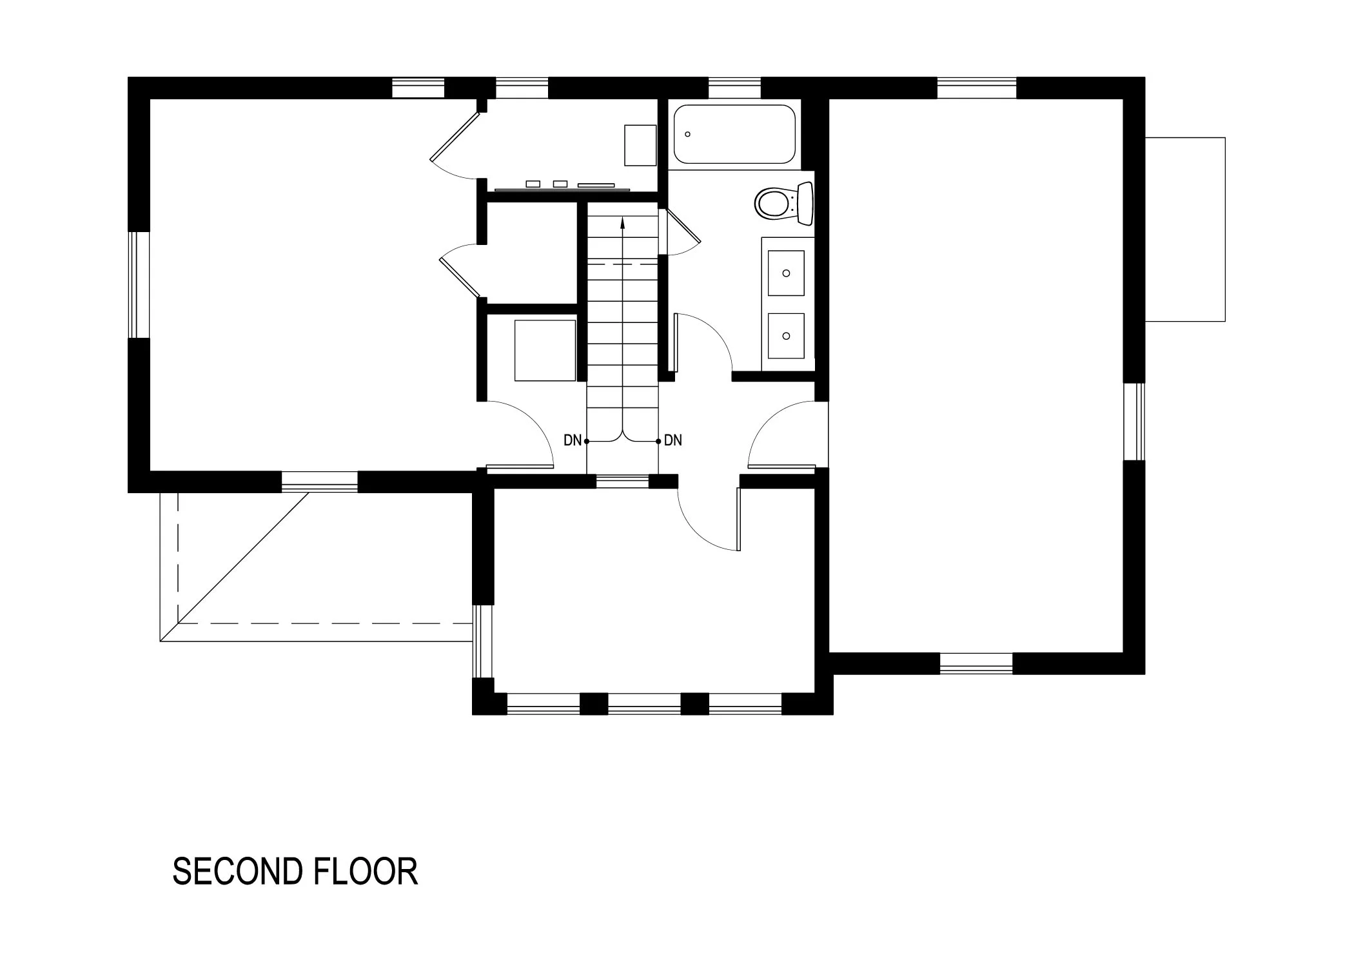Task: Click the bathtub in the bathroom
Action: (734, 134)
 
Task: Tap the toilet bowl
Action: (772, 203)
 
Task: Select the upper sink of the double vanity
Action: (786, 273)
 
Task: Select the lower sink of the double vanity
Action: (786, 336)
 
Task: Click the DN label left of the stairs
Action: (572, 441)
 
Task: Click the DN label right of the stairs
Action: (673, 441)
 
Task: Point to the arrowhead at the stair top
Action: (622, 223)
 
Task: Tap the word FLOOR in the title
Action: (366, 872)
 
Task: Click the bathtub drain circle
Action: (688, 134)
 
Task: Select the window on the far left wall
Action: (139, 285)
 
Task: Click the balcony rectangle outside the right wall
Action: (1185, 230)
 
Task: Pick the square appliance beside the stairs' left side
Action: (545, 350)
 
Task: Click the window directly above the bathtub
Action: (734, 88)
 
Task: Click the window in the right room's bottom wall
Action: (976, 663)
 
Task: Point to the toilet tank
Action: (805, 203)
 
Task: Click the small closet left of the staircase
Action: (531, 253)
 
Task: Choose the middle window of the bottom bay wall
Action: (644, 704)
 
